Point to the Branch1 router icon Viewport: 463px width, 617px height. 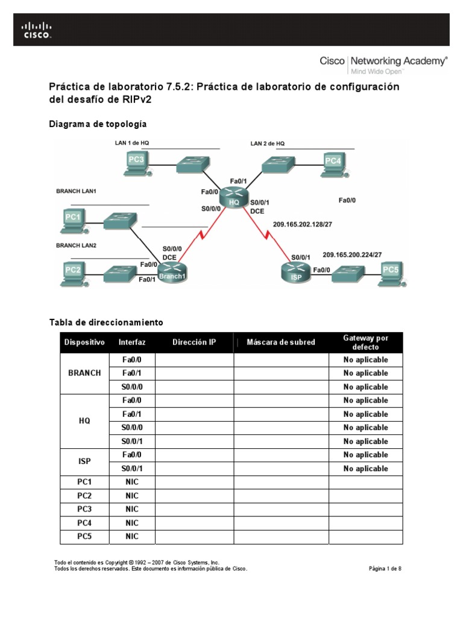[174, 273]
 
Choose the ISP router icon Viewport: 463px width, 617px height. [296, 272]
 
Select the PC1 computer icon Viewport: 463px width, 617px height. [73, 218]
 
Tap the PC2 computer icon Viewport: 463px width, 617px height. [73, 272]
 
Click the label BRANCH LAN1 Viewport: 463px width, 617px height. [77, 191]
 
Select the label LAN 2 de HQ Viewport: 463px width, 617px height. [267, 143]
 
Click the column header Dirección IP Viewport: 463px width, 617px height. [194, 342]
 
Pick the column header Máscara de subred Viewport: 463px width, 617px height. [282, 342]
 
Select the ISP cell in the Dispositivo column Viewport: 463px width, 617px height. [84, 462]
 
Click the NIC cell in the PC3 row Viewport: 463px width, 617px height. [132, 509]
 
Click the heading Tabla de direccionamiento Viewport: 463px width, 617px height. [106, 322]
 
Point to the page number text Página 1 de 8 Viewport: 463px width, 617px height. [385, 568]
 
